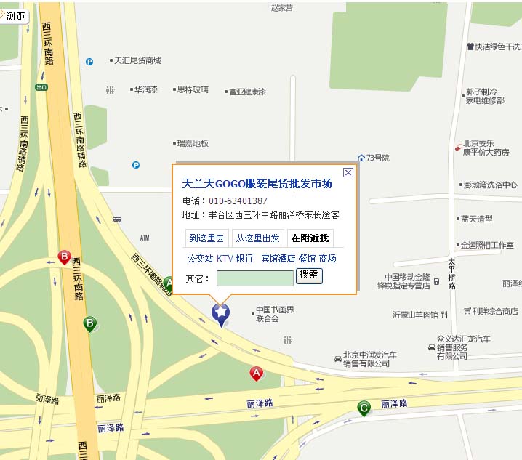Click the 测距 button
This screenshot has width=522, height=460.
(x=15, y=16)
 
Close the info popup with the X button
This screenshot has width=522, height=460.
(x=348, y=172)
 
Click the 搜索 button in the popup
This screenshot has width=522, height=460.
(x=309, y=275)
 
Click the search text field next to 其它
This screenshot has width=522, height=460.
(x=254, y=278)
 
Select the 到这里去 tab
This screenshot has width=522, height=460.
(x=206, y=238)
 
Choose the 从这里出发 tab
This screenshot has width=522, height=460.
(x=258, y=238)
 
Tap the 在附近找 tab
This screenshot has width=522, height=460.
(x=310, y=238)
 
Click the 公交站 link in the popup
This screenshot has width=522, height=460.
(x=200, y=258)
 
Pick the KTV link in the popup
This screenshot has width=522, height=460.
(x=224, y=258)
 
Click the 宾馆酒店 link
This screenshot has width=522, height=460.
(x=278, y=258)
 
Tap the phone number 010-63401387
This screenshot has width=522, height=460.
(x=238, y=201)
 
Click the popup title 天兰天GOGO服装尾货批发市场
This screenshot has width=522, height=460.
(x=257, y=184)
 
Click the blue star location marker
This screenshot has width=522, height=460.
(x=220, y=313)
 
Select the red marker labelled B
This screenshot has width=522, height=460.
(x=65, y=257)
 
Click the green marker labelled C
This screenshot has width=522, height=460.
(x=364, y=408)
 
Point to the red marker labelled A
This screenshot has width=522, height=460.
(x=256, y=373)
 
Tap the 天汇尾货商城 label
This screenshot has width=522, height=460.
(x=137, y=61)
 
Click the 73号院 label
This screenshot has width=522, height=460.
(x=377, y=158)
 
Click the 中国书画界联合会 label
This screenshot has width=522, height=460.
(x=274, y=315)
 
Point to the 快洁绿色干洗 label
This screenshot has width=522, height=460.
(x=497, y=47)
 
